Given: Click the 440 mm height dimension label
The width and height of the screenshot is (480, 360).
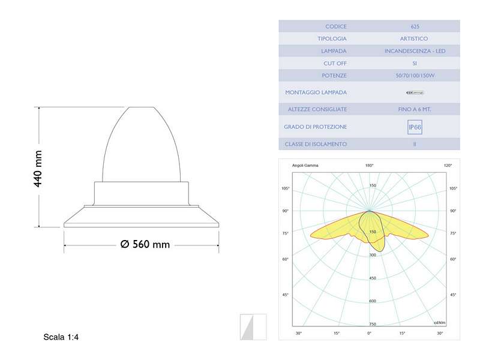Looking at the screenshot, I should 38,169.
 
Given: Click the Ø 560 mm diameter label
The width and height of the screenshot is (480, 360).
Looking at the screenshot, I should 145,244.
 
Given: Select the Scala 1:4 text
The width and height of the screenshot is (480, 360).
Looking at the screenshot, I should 61,337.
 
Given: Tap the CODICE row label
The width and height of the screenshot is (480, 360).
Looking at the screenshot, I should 336,26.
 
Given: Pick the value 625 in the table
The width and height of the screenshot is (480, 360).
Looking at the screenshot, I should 415,26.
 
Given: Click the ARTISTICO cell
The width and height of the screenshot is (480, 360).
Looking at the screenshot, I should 415,38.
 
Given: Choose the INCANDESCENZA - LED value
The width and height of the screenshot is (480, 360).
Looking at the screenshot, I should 415,51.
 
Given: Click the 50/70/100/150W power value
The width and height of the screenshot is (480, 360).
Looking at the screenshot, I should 415,76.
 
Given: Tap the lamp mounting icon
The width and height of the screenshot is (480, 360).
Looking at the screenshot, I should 415,92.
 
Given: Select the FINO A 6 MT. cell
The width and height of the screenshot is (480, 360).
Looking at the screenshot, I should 415,109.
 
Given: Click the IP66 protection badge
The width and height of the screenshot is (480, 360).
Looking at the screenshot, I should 415,127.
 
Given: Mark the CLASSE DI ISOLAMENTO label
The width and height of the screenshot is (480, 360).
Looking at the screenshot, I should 316,144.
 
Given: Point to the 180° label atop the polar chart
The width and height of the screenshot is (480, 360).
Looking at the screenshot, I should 369,165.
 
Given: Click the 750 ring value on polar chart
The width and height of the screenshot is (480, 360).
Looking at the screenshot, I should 373,323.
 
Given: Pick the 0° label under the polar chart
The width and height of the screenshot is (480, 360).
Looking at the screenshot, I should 369,333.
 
